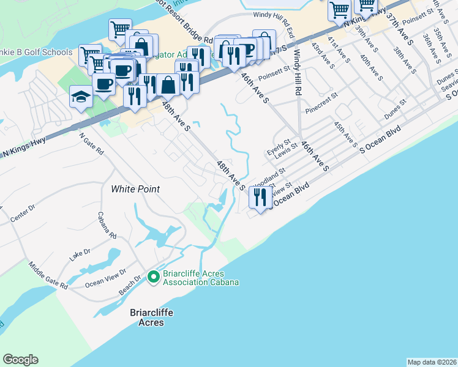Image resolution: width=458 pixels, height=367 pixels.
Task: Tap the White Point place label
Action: click(x=135, y=189)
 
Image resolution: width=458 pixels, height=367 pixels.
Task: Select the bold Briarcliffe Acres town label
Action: click(x=151, y=317)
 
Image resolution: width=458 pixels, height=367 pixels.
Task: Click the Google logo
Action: click(x=20, y=360)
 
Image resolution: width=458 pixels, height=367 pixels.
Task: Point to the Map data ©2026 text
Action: click(x=432, y=362)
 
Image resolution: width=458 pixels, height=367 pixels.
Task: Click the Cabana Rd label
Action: click(x=107, y=224)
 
